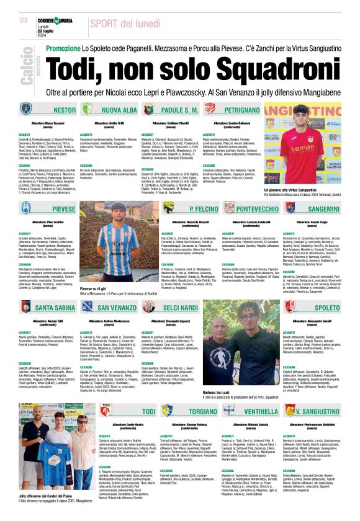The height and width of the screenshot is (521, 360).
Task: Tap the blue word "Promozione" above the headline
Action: coord(64,48)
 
